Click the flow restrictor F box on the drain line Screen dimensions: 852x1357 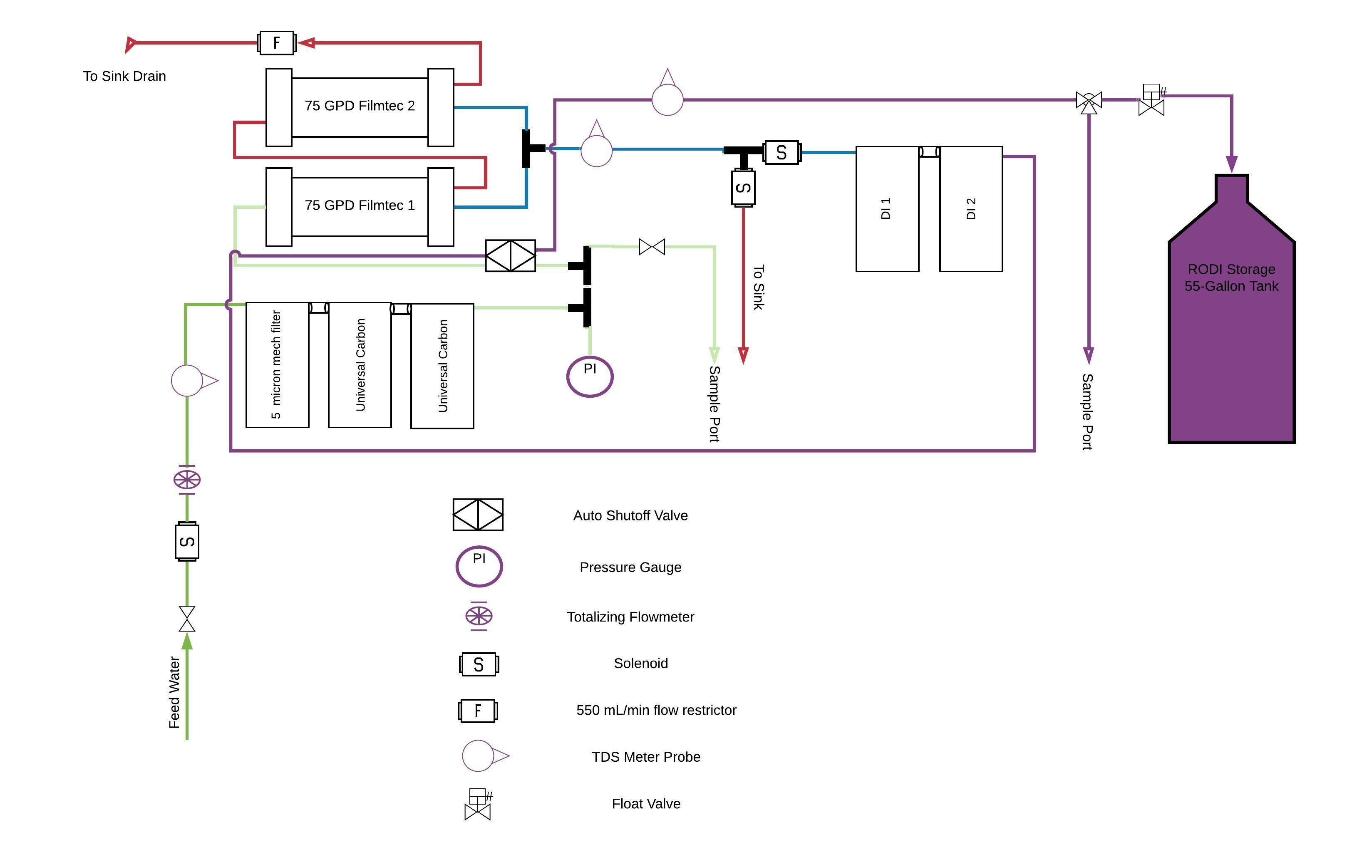click(276, 43)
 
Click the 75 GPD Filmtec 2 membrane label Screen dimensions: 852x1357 click(360, 106)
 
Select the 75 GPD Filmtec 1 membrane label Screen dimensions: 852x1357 click(360, 205)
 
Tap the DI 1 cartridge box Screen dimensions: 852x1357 click(887, 208)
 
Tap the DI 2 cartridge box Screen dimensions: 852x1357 click(970, 208)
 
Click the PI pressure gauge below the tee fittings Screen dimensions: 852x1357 click(590, 376)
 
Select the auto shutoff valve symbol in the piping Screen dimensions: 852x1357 click(510, 256)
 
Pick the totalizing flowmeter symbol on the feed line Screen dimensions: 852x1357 click(186, 480)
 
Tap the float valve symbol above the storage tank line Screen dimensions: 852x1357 click(1151, 100)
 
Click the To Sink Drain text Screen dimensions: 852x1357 click(124, 76)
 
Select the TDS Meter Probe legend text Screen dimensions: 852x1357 click(646, 757)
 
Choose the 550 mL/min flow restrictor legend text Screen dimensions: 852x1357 click(656, 710)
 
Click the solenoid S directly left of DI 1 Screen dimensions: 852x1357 click(781, 152)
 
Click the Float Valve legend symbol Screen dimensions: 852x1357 click(478, 804)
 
